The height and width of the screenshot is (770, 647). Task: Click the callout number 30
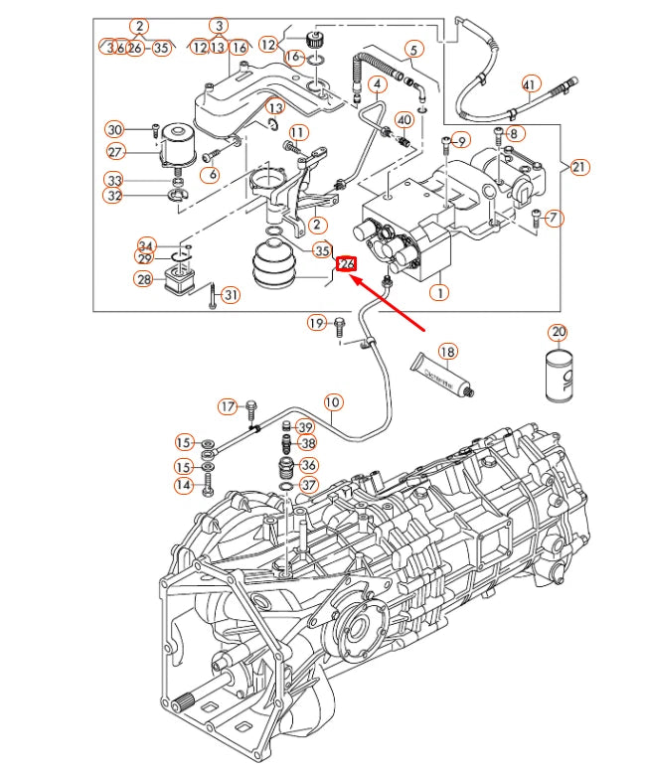(x=114, y=129)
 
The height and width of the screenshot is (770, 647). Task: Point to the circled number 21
(x=578, y=167)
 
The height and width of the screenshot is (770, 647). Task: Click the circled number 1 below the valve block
(x=438, y=293)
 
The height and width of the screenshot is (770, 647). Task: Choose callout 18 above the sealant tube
(x=447, y=352)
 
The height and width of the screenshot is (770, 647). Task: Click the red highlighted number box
(x=347, y=264)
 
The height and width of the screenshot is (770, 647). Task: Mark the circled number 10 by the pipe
(x=331, y=402)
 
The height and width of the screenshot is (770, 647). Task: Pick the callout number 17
(x=228, y=406)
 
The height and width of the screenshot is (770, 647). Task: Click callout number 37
(x=308, y=485)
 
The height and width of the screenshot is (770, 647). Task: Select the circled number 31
(x=231, y=295)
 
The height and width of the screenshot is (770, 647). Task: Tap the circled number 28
(x=143, y=280)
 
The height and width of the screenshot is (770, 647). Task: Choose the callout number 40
(x=404, y=120)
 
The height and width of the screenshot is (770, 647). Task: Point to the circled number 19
(x=316, y=323)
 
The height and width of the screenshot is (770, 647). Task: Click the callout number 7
(x=554, y=218)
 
